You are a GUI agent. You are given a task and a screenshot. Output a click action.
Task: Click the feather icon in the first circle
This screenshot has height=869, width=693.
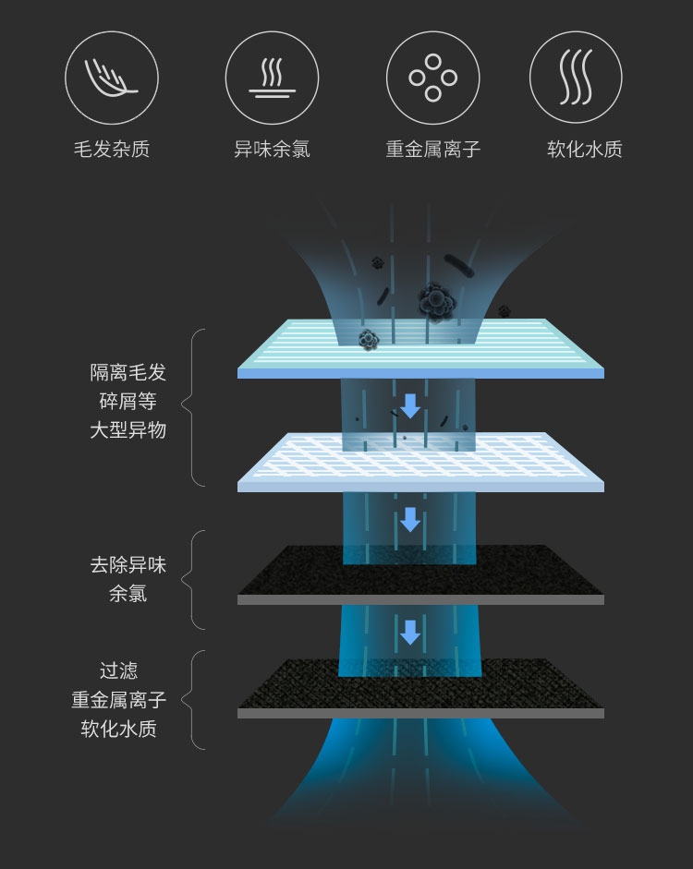tap(111, 78)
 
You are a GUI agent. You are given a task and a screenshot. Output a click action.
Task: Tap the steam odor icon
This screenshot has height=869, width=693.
tap(272, 78)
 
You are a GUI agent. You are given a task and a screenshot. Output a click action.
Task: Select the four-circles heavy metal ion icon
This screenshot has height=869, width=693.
tap(432, 78)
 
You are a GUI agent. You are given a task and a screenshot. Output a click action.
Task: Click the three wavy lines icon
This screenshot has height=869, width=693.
tap(575, 78)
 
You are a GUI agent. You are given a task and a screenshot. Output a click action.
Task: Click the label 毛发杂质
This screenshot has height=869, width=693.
tap(111, 149)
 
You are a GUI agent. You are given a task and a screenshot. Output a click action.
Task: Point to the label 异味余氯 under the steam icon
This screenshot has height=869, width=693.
tap(272, 149)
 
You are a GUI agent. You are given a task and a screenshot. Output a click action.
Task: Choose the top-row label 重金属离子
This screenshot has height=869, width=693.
tap(432, 149)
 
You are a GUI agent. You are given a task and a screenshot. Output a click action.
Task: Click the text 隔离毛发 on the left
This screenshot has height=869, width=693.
tap(128, 372)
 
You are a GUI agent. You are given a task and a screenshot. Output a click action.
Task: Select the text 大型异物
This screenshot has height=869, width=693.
tap(128, 429)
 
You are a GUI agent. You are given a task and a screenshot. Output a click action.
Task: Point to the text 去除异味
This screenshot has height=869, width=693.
tap(128, 565)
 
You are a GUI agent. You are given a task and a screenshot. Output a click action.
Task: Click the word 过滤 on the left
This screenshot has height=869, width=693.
tap(118, 670)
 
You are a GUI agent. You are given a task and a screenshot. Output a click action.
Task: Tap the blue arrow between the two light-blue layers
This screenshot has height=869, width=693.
tap(410, 404)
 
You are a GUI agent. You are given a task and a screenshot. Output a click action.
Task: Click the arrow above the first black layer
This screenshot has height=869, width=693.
tap(410, 519)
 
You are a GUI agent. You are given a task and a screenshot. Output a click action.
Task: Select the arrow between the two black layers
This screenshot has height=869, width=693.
tap(410, 633)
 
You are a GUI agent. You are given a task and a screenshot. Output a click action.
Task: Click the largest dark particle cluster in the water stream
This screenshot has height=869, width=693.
tap(434, 300)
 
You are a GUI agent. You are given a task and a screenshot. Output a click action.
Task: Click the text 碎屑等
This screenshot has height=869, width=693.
tap(128, 401)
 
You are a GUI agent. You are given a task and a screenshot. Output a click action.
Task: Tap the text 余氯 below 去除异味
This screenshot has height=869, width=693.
tap(128, 594)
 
